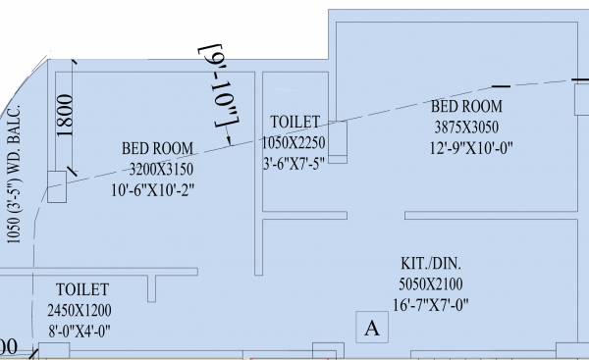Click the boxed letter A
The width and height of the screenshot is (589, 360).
click(371, 329)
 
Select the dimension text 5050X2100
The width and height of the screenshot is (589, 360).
click(432, 284)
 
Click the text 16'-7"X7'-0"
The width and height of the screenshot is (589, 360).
click(432, 304)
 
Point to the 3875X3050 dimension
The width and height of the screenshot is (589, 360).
click(468, 127)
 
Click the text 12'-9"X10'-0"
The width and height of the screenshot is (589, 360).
click(468, 147)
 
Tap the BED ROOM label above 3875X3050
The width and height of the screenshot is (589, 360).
click(468, 106)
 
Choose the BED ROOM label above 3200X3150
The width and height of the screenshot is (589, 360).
click(158, 148)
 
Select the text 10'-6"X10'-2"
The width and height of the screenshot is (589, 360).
click(156, 190)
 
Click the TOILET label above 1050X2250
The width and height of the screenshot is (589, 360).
click(295, 122)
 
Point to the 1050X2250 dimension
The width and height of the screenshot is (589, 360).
click(295, 141)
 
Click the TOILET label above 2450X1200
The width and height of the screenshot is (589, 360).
click(82, 290)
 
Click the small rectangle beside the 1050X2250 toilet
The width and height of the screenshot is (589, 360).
click(339, 141)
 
